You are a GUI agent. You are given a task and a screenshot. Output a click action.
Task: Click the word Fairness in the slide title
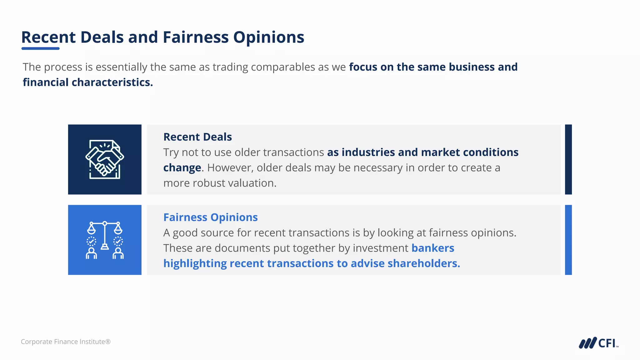196,37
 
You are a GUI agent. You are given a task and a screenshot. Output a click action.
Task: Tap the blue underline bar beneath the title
40,48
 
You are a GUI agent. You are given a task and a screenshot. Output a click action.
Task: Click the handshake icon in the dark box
105,159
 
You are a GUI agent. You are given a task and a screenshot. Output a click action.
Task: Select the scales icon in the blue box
105,240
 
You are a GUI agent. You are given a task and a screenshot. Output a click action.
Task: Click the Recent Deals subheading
197,137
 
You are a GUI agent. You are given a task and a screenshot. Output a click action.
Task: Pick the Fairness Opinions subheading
210,217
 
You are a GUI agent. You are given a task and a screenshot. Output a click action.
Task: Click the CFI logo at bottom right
598,343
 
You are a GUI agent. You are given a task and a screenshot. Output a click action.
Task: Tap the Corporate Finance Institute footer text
66,342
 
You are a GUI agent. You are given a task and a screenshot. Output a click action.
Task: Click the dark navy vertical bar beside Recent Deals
568,159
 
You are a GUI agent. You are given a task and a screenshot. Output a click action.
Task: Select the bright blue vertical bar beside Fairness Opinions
568,240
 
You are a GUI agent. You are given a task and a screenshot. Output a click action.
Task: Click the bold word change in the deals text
182,168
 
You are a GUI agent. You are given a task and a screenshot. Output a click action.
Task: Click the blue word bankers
432,248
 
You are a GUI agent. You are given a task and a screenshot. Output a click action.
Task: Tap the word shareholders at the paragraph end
423,263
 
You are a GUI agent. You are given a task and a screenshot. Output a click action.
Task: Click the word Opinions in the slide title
268,37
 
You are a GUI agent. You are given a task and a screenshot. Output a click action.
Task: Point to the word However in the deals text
230,168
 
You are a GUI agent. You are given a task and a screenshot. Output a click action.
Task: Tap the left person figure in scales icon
91,253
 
